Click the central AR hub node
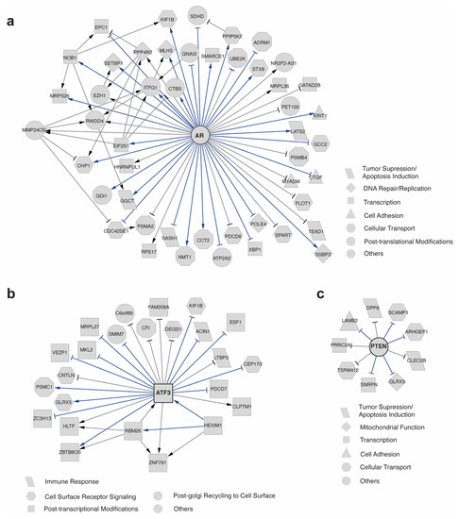point(199,135)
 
